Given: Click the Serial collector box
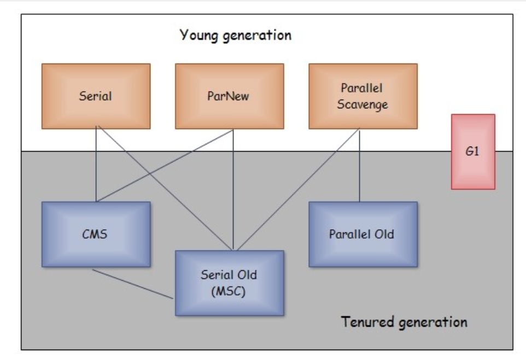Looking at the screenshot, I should [x=96, y=96].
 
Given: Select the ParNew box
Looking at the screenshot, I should [x=229, y=96].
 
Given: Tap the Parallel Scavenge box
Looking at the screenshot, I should [x=363, y=96].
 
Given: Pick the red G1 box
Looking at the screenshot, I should [x=473, y=152].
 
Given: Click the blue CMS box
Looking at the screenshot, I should [x=96, y=234].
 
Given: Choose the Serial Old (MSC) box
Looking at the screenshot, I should [x=229, y=283].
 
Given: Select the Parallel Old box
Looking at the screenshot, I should [x=363, y=234].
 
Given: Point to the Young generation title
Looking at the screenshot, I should [x=235, y=36].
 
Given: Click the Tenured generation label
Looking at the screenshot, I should [x=404, y=321].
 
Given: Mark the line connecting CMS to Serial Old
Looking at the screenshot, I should [x=134, y=284].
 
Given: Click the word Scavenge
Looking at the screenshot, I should [x=363, y=104].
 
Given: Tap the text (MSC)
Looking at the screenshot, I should [x=229, y=291].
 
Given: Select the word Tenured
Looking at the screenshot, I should [x=366, y=321].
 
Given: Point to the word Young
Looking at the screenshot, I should [x=199, y=36].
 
